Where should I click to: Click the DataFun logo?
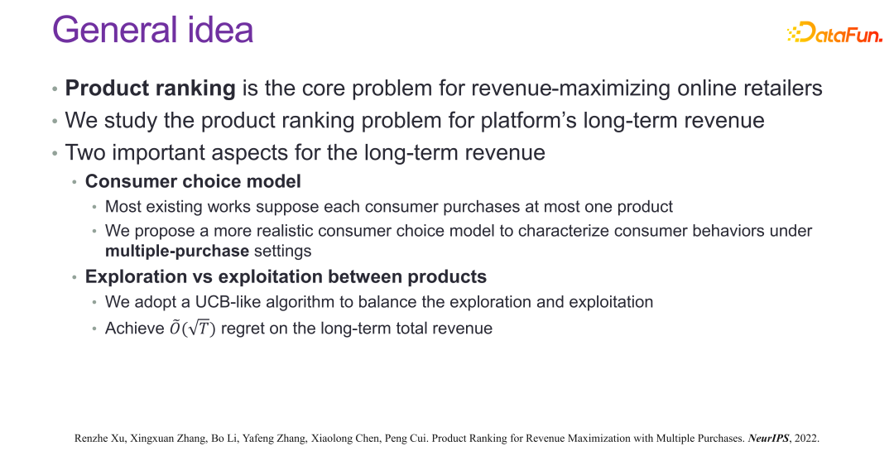click(834, 32)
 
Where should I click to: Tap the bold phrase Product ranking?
click(150, 89)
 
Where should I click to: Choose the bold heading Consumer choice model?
click(193, 181)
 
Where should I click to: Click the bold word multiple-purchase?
click(177, 251)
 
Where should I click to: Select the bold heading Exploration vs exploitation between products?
click(286, 276)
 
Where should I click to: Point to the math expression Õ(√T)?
click(192, 329)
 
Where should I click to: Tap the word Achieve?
click(135, 329)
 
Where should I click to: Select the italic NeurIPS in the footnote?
click(768, 439)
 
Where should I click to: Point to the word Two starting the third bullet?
click(85, 153)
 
